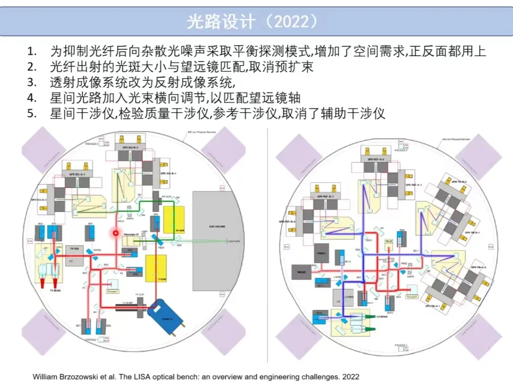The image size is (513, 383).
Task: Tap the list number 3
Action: [32, 82]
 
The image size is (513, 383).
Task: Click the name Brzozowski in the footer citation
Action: [95, 376]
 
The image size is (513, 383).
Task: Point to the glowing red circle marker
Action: [115, 233]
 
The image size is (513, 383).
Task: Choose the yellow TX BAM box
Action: [156, 268]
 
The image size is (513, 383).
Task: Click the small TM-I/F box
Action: [389, 242]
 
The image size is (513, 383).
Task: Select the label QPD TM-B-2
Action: [459, 182]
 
